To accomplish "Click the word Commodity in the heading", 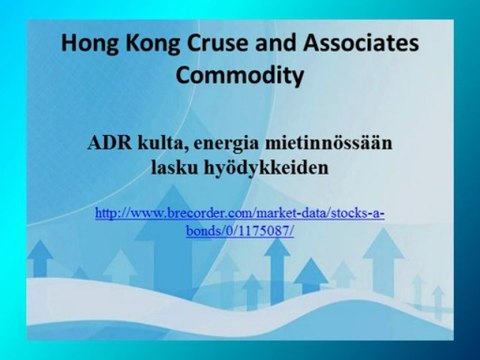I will (239, 75).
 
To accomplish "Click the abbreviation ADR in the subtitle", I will (109, 145).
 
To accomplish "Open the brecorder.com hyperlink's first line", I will (238, 213).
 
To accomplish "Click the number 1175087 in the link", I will (265, 229).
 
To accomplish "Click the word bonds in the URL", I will (203, 229).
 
